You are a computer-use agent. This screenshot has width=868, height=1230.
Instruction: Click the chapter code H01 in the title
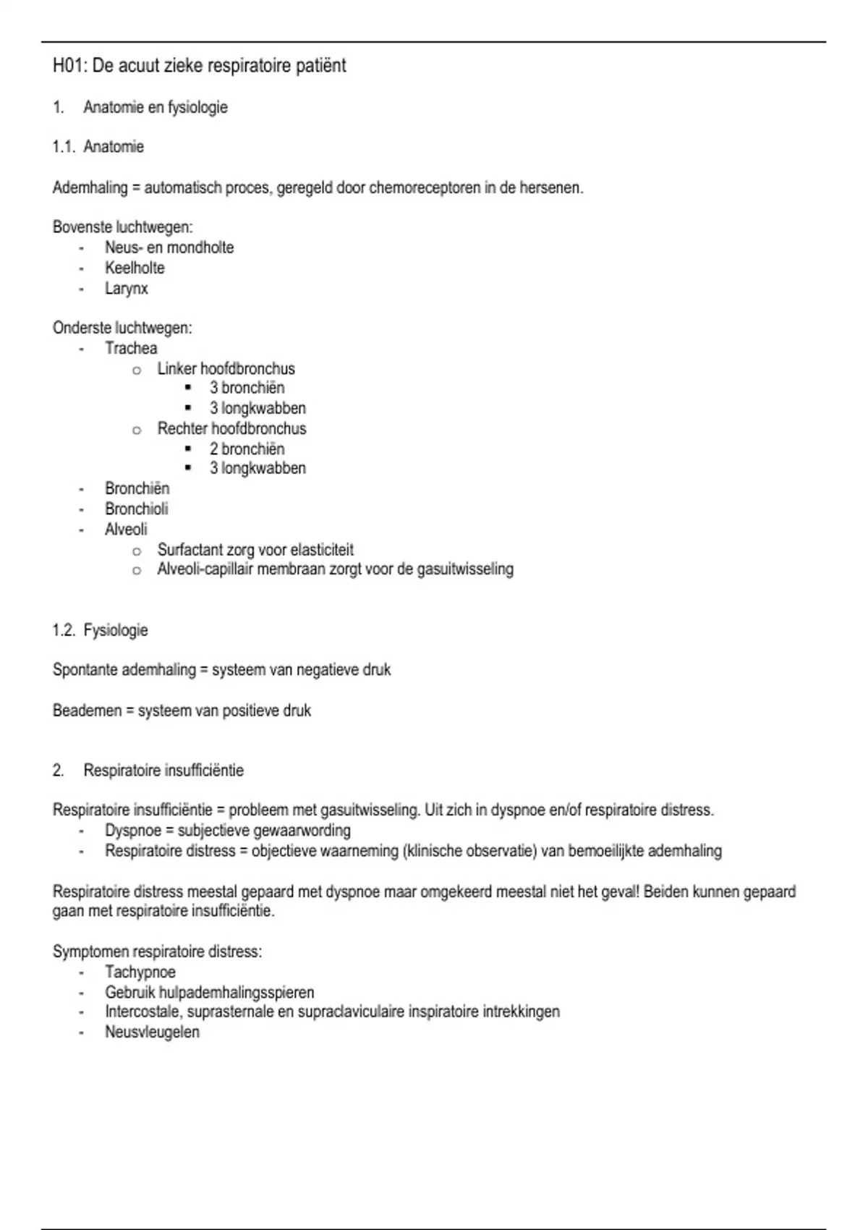(x=69, y=66)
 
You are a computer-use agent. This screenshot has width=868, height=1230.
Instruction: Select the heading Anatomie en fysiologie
(x=156, y=108)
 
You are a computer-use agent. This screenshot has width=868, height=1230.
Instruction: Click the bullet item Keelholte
(x=135, y=268)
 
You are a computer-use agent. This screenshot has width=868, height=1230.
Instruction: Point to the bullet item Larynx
(x=127, y=289)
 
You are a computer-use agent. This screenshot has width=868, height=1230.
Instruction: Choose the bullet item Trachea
(x=131, y=349)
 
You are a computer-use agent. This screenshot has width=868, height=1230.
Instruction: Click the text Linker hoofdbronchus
(x=226, y=369)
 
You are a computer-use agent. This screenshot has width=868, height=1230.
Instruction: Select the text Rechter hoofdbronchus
(x=231, y=429)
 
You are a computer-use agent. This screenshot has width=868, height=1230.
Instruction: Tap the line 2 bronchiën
(x=247, y=449)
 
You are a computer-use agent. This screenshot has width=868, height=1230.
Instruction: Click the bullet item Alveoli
(x=126, y=530)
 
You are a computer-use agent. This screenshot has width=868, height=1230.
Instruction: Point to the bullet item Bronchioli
(x=136, y=509)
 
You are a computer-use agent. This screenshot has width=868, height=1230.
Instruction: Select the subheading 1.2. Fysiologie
(x=100, y=631)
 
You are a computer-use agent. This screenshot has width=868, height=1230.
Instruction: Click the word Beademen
(x=87, y=711)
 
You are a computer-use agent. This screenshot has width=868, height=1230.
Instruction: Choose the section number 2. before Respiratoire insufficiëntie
(x=58, y=771)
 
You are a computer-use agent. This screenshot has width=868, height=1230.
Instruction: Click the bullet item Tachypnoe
(x=140, y=972)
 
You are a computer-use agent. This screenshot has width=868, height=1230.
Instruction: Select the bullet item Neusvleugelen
(x=152, y=1032)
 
